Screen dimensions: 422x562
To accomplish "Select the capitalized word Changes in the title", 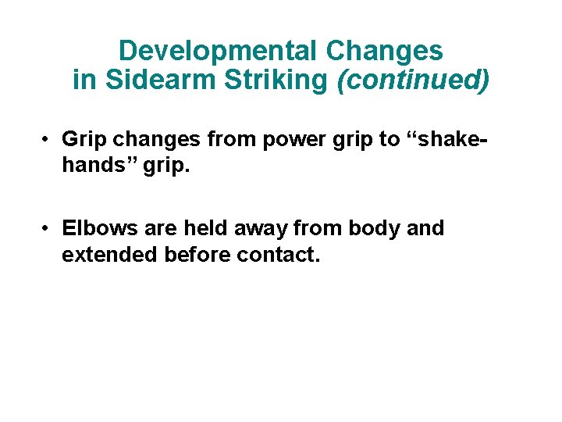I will [385, 52].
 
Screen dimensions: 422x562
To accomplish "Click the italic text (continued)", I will [413, 80].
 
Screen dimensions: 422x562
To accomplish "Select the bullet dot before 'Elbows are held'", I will [48, 229].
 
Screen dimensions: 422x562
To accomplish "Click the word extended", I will [110, 256].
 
